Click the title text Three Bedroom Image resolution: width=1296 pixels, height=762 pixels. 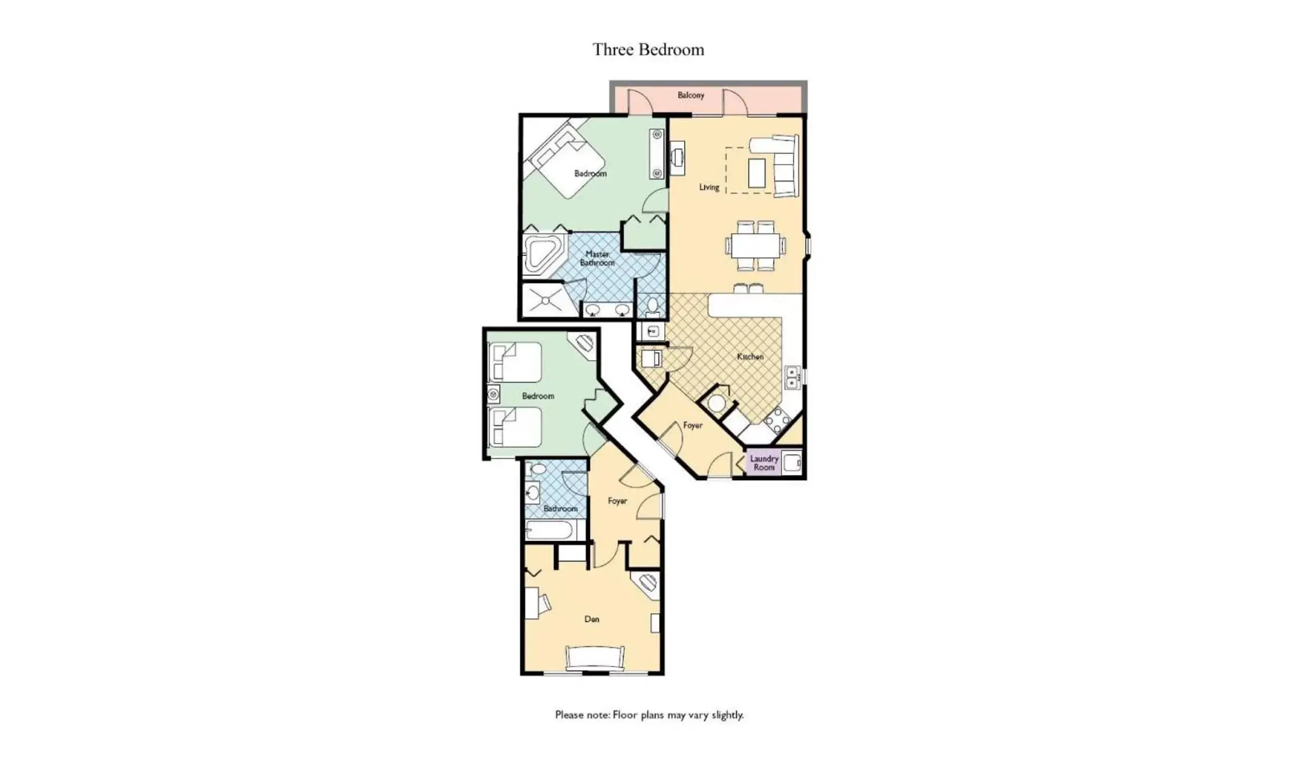648,50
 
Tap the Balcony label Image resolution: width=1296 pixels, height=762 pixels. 691,95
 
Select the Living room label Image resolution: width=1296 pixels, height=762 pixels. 709,187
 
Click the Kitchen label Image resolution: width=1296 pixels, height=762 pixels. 750,356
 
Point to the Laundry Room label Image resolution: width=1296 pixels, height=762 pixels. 764,462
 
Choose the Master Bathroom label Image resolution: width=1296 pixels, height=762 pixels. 597,258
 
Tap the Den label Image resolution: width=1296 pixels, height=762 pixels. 592,619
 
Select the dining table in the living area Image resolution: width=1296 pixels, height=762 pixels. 755,246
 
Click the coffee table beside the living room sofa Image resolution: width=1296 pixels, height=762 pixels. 756,173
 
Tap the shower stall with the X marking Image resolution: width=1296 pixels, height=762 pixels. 545,300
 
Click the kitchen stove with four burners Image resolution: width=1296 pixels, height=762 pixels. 777,422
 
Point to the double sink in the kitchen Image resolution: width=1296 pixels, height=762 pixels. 792,377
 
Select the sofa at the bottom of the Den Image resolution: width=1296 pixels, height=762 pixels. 595,657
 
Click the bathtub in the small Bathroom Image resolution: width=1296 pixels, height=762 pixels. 549,530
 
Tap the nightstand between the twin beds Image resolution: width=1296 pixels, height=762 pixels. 493,394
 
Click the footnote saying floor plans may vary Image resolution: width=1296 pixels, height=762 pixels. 649,715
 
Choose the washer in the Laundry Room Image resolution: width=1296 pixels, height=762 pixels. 792,462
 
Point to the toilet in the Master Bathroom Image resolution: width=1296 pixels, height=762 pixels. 652,307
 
